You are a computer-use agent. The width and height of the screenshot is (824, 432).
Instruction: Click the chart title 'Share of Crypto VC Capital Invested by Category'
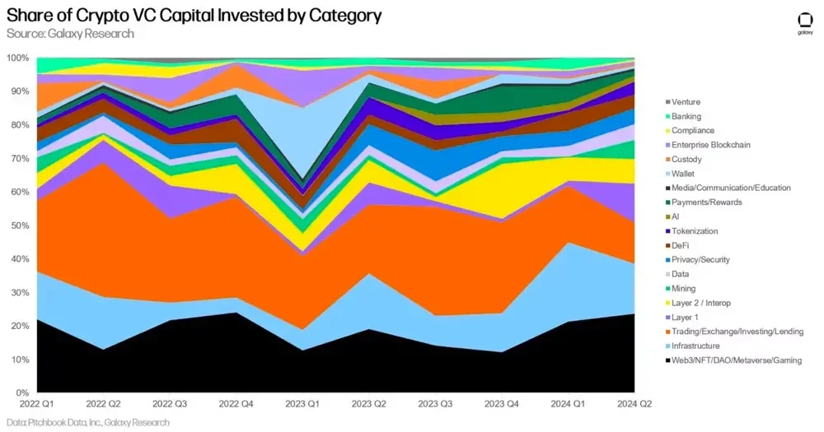tap(194, 16)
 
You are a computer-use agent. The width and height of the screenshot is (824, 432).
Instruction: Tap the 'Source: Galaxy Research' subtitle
tap(70, 34)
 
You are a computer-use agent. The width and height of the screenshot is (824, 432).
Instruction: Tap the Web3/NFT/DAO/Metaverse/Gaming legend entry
tap(736, 360)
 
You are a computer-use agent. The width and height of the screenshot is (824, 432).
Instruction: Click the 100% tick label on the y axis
tap(17, 58)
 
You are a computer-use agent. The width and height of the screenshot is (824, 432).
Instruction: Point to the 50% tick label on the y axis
tap(19, 225)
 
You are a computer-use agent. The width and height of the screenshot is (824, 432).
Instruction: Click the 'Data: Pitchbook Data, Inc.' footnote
tap(87, 422)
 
